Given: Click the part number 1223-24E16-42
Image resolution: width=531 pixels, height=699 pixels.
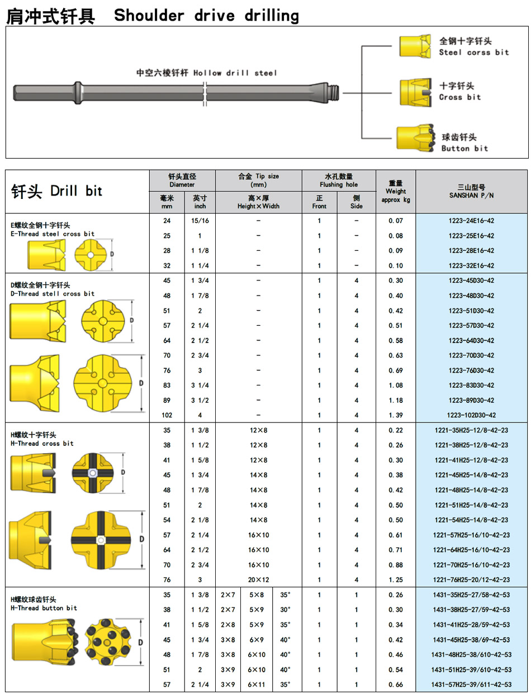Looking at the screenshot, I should click(x=471, y=221).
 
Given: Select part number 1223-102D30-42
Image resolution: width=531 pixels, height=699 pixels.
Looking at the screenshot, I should click(x=472, y=415).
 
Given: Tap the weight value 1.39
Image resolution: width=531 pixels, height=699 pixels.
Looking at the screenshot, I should click(x=396, y=415).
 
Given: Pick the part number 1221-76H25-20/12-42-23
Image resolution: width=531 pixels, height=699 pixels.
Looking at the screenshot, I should click(x=471, y=580).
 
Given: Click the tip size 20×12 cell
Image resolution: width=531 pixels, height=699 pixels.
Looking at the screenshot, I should click(x=258, y=580).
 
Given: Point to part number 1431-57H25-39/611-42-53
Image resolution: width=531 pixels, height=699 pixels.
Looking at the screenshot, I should click(x=472, y=684).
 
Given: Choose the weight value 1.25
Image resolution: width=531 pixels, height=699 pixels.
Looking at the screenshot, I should click(x=396, y=580).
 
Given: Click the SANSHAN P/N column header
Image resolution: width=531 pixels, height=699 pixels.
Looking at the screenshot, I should click(x=471, y=191).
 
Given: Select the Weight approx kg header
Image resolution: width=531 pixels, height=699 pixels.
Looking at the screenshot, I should click(x=396, y=191).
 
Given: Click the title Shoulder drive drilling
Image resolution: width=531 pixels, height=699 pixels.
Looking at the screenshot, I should click(x=206, y=16).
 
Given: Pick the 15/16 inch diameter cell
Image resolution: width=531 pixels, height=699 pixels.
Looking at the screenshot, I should click(x=200, y=221).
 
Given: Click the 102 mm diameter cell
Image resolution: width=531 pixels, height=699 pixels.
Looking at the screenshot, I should click(x=167, y=415).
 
